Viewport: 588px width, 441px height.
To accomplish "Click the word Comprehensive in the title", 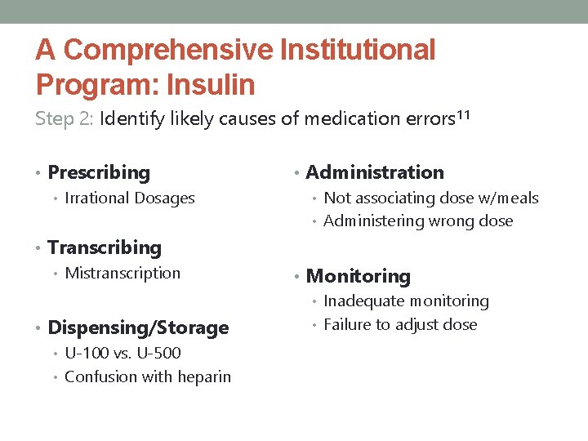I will [x=167, y=50].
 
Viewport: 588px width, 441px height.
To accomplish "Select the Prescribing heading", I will [x=99, y=172].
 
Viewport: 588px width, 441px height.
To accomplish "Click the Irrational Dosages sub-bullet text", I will [x=129, y=198].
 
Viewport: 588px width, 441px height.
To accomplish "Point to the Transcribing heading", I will [x=105, y=247].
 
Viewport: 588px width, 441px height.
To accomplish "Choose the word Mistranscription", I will [x=122, y=273].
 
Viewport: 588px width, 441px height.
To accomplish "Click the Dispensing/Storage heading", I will [x=138, y=327].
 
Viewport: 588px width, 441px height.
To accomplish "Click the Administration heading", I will [x=375, y=172].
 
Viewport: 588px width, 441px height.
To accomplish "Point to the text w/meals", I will [x=511, y=198].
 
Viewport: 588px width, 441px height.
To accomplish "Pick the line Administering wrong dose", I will [x=418, y=220].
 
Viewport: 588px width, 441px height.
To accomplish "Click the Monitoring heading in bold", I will [x=358, y=277].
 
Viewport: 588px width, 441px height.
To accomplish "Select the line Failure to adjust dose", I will [x=400, y=324].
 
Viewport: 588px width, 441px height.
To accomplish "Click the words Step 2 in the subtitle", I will [x=65, y=118].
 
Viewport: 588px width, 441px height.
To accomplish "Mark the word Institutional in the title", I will [x=358, y=50].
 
